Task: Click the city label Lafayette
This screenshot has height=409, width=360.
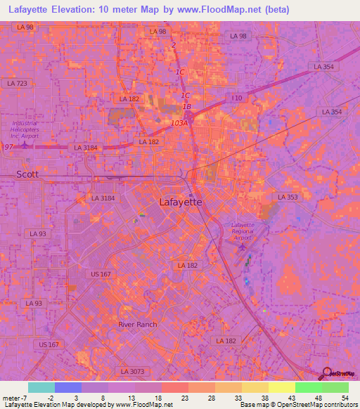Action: coord(181,202)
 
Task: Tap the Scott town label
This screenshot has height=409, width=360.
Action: coord(28,174)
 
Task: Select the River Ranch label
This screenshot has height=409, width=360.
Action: coord(138,324)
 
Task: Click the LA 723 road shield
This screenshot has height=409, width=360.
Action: coord(17,84)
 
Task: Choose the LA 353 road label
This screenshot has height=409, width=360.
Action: coord(288,197)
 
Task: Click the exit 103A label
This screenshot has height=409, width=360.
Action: coord(179,123)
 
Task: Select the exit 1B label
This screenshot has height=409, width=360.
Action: coord(187,107)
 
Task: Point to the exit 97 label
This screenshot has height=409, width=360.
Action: coord(8,146)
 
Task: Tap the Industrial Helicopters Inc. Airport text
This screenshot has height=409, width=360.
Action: coord(25,129)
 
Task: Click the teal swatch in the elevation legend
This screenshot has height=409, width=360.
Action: coord(41,387)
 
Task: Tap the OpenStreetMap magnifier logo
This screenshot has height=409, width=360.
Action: coord(326,373)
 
